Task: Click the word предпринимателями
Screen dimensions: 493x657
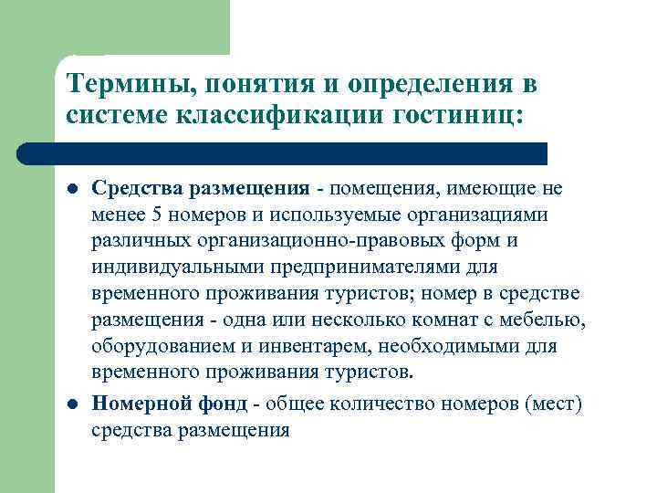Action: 360,267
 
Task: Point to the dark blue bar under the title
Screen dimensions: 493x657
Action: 283,152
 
